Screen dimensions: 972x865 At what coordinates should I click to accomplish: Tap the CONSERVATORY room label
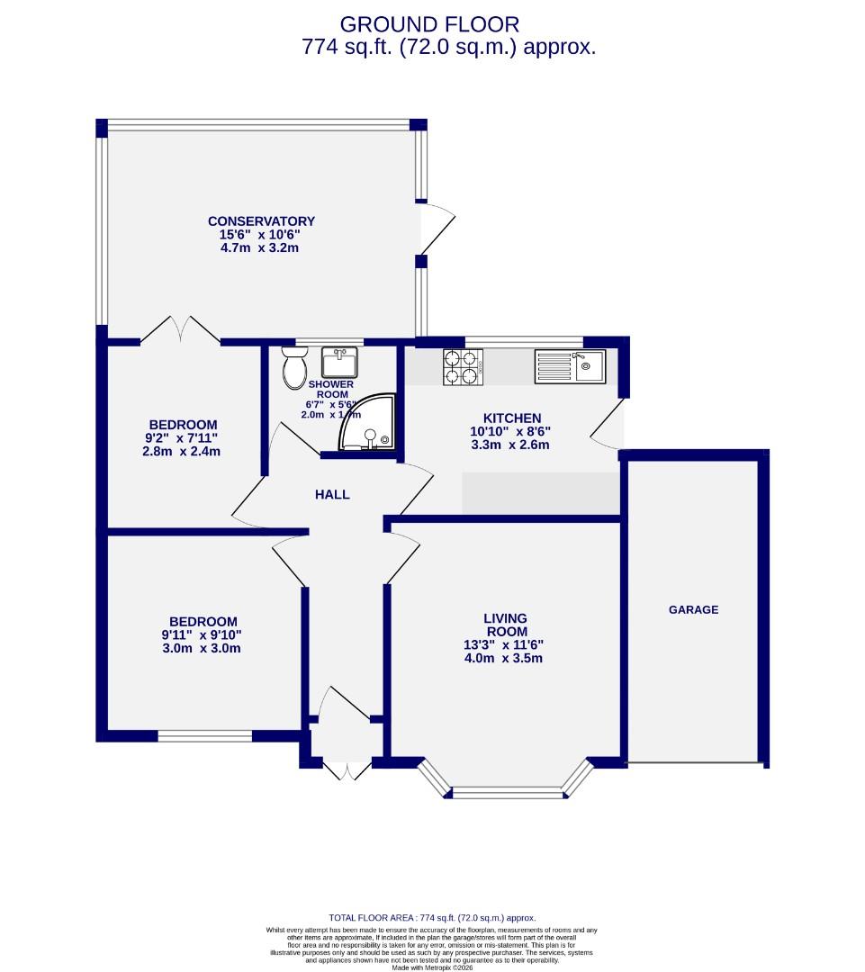coord(261,221)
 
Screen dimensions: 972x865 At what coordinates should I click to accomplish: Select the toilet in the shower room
coord(293,371)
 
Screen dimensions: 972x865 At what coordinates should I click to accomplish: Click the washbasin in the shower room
coord(339,362)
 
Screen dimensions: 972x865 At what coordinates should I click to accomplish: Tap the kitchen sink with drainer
coord(571,366)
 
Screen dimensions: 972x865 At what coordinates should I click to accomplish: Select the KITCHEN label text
coord(512,418)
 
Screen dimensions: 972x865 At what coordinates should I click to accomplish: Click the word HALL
coord(332,494)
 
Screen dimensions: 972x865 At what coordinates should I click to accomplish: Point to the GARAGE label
coord(693,609)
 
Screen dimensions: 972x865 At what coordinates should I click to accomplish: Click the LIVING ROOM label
coord(505,625)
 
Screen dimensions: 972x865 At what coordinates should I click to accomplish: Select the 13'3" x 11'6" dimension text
coord(505,644)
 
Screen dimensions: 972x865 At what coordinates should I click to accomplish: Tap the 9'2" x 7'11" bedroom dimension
coord(182,438)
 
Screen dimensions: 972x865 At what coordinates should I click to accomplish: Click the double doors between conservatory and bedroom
coord(180,329)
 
